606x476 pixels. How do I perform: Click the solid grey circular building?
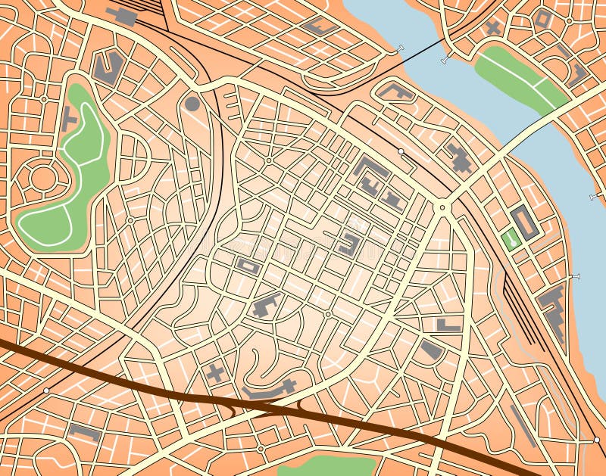192,104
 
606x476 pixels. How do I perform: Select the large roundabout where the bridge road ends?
442,206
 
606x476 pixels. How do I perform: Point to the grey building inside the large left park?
69,119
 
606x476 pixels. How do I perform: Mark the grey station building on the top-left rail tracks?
121,15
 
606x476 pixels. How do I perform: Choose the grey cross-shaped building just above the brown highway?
216,372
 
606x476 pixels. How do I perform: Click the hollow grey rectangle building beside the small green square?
524,223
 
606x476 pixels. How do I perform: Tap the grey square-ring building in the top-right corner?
542,19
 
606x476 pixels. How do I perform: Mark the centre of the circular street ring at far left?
42,179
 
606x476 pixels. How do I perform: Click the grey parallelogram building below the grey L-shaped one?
432,350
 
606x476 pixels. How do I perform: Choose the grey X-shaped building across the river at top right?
493,28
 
